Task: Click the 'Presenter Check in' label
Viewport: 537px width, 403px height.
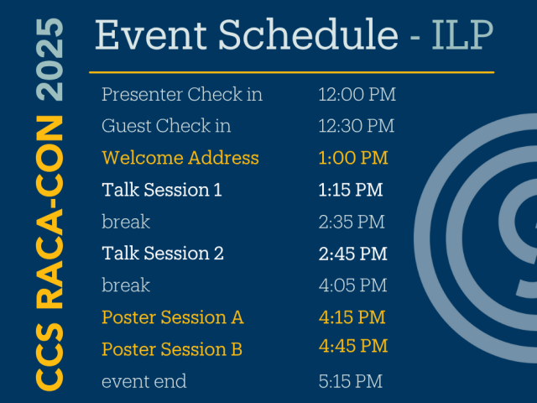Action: click(182, 94)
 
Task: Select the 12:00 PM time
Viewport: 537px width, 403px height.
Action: click(357, 94)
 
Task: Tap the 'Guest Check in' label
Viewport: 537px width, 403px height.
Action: click(166, 126)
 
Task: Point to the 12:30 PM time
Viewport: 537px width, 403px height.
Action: click(357, 126)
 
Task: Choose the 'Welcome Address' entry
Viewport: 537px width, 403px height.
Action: click(180, 158)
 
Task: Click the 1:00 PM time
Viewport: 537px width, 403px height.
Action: click(353, 158)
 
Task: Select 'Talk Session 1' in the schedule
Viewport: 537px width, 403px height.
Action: click(162, 190)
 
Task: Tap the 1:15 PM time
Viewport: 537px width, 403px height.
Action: click(351, 190)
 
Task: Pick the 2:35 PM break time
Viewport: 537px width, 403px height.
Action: click(352, 222)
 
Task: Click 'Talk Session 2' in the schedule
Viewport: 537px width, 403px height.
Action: click(163, 253)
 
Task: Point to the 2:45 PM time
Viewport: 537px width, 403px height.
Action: click(353, 253)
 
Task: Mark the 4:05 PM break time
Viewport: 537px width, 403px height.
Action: click(353, 285)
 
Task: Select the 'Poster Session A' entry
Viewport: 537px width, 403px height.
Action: click(173, 317)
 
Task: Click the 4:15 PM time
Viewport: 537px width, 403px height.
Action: click(352, 317)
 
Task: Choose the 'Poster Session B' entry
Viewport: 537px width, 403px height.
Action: click(172, 349)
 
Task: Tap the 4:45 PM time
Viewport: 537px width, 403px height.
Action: click(353, 346)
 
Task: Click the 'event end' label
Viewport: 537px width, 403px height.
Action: click(143, 381)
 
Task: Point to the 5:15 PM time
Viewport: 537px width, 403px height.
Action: click(351, 381)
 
